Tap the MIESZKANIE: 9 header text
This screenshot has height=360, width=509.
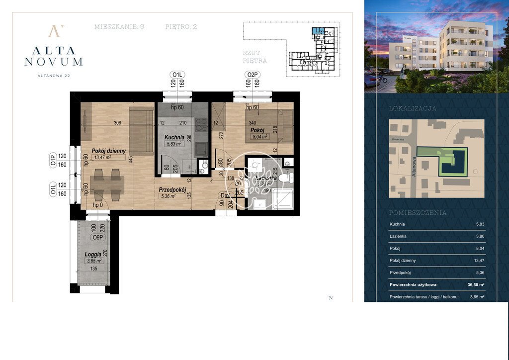coord(120,27)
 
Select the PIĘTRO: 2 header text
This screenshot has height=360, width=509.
coord(181,27)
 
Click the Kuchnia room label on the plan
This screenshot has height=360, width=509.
coord(174,137)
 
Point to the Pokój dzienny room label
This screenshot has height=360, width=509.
coord(108,151)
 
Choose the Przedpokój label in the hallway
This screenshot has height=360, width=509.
coord(172,189)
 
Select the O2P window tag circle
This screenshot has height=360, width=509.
coord(253,75)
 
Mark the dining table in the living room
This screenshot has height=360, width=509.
coord(107,184)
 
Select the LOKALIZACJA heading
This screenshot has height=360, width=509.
coord(413,108)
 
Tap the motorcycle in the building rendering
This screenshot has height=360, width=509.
coord(382,79)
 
